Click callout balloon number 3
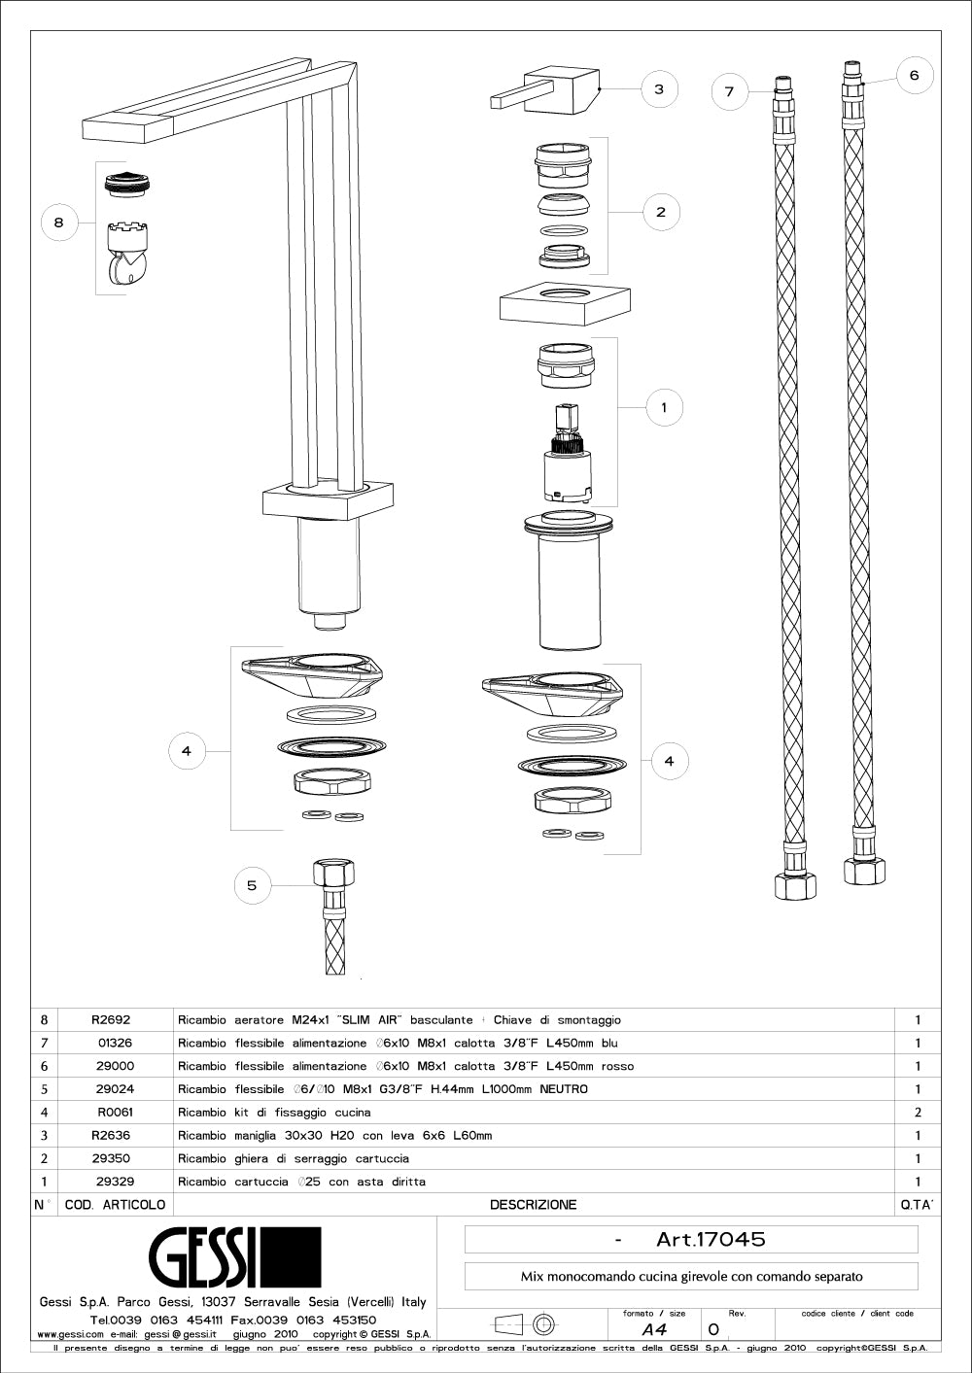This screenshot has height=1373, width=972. click(x=658, y=89)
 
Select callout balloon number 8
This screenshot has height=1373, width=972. click(x=58, y=223)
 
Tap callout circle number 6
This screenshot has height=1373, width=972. click(x=914, y=75)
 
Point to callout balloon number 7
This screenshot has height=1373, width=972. click(x=729, y=92)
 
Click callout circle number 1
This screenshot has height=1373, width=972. click(x=664, y=407)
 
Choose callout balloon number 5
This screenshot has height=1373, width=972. click(x=252, y=885)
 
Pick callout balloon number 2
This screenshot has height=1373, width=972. click(x=661, y=212)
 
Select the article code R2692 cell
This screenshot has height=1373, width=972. click(x=111, y=1020)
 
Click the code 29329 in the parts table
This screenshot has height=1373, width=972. click(x=116, y=1182)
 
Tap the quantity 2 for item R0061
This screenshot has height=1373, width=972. click(x=918, y=1113)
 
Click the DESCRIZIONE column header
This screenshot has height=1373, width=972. click(x=533, y=1205)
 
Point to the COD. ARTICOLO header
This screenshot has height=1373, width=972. click(x=115, y=1205)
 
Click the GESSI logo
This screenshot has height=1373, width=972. click(x=233, y=1256)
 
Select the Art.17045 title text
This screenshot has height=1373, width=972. click(x=711, y=1239)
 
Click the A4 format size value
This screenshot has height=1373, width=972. click(x=654, y=1329)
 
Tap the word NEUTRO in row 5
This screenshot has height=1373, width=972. click(x=564, y=1089)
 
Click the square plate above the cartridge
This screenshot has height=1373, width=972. click(x=564, y=304)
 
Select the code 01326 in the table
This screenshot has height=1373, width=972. click(x=116, y=1044)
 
